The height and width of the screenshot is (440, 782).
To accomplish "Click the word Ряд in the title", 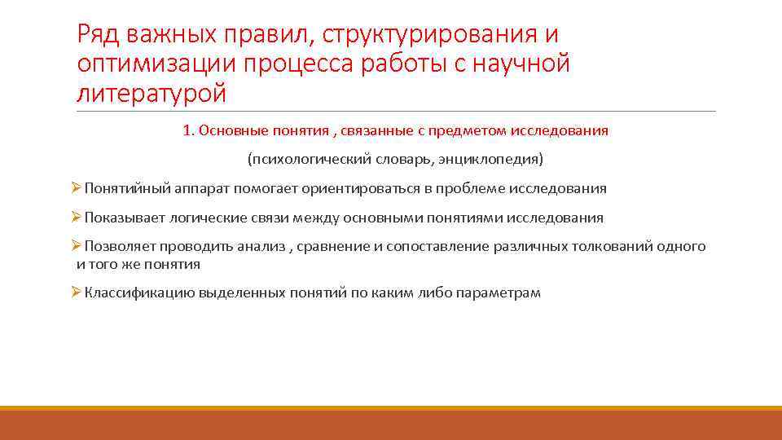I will [x=99, y=35].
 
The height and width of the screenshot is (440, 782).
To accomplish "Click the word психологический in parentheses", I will [x=304, y=158].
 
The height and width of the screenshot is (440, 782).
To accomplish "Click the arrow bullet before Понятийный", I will [x=76, y=188].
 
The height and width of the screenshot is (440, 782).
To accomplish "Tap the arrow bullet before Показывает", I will [x=76, y=218].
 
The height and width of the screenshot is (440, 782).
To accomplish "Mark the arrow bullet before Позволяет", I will [x=76, y=246].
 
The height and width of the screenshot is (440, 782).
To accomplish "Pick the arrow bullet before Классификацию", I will [x=76, y=292].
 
